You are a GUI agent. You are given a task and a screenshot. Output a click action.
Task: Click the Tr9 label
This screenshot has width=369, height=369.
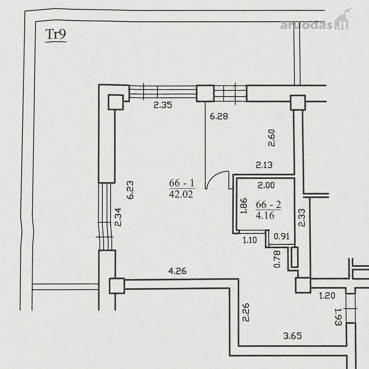[x=55, y=34]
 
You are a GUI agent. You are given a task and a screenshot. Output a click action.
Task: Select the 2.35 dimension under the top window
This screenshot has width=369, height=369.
[x=163, y=105]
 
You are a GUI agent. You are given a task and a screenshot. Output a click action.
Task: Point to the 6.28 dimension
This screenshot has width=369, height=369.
[x=219, y=116]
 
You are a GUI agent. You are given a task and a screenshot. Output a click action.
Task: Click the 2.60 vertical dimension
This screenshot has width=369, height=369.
[x=271, y=138]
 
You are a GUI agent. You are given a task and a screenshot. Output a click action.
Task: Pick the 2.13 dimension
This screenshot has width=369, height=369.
[x=264, y=165]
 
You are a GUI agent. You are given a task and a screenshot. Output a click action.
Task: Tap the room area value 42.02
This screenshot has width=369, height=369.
[x=181, y=194]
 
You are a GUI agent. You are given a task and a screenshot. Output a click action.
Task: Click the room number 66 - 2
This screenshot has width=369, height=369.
[x=269, y=205]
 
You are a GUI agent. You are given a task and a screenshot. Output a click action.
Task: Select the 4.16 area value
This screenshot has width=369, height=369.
[x=265, y=215]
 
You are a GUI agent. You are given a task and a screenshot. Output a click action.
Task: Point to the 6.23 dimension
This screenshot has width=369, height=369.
[x=130, y=190]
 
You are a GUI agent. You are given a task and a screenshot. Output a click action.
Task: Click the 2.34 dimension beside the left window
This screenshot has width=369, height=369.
[x=118, y=217]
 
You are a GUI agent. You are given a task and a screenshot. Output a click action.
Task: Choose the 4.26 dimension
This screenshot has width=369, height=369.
[x=178, y=271]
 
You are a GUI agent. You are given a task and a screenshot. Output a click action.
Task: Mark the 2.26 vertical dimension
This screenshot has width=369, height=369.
[x=246, y=312]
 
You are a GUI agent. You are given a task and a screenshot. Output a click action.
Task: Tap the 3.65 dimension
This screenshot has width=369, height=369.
[x=292, y=336]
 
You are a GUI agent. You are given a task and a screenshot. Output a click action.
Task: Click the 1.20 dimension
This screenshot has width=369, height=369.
[x=327, y=295]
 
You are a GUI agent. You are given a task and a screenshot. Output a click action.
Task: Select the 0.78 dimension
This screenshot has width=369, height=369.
[x=277, y=259]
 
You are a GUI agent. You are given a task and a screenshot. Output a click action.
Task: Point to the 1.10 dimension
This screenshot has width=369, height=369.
[x=250, y=240]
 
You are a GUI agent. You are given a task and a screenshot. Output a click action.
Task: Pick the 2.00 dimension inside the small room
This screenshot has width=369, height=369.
[x=266, y=185]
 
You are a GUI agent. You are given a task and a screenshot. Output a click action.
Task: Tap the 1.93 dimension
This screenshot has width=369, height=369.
[x=338, y=317]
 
